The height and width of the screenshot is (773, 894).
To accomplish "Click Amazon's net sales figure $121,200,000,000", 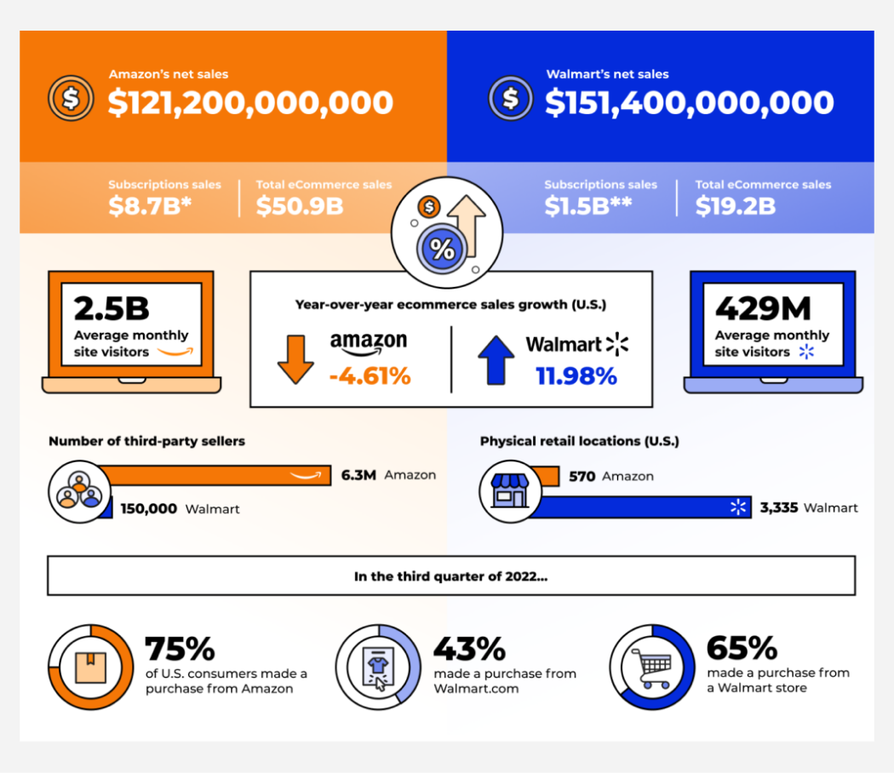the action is click(250, 103).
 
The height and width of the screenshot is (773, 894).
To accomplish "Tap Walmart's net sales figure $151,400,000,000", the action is click(690, 103).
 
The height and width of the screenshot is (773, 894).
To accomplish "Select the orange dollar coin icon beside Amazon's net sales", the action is click(71, 98).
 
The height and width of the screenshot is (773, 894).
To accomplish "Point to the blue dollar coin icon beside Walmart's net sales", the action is click(510, 98).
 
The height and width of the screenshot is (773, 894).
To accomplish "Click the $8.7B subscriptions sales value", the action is click(150, 206).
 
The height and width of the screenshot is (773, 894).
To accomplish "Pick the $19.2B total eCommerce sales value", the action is click(736, 206).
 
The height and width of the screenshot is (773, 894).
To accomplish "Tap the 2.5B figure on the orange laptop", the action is click(112, 308).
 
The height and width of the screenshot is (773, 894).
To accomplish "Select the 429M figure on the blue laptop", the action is click(763, 308).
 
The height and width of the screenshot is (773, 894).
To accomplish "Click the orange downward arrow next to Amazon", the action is click(295, 359).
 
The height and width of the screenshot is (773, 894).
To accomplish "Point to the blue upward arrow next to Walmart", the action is click(496, 359).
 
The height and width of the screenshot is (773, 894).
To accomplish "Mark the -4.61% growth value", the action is click(370, 376).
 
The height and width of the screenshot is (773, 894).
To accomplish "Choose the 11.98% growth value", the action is click(576, 376).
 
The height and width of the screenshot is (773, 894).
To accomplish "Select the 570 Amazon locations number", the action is click(582, 476).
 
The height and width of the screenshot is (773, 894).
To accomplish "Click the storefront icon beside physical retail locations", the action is click(510, 491).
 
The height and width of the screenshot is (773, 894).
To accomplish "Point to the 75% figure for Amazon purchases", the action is click(181, 649).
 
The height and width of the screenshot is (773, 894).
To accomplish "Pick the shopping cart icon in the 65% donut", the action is click(653, 667).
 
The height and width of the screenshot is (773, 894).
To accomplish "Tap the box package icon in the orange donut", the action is click(90, 667).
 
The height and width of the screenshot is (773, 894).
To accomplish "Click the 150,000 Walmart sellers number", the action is click(149, 508).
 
